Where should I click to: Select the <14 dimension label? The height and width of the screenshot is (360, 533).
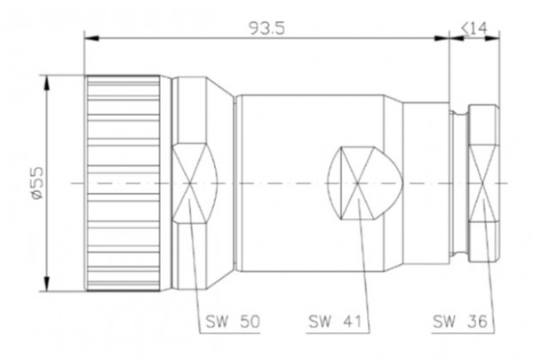[473, 28]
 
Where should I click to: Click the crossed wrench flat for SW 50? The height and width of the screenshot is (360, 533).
[191, 183]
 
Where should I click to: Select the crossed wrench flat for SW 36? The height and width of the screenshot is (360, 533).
[486, 183]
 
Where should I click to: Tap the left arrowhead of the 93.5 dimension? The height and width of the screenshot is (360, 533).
[90, 37]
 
